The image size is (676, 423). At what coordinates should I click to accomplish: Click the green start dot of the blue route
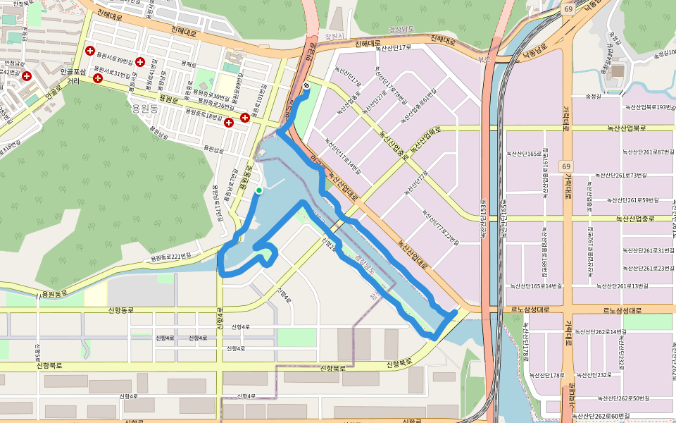coord(259,190)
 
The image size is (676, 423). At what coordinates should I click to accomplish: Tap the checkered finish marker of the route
coord(306,86)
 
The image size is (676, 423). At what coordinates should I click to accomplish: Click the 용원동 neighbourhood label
coord(146,107)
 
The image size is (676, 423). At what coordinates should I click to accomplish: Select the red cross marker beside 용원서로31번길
coord(97,78)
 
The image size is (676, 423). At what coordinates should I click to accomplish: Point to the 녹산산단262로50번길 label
coord(620,399)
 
